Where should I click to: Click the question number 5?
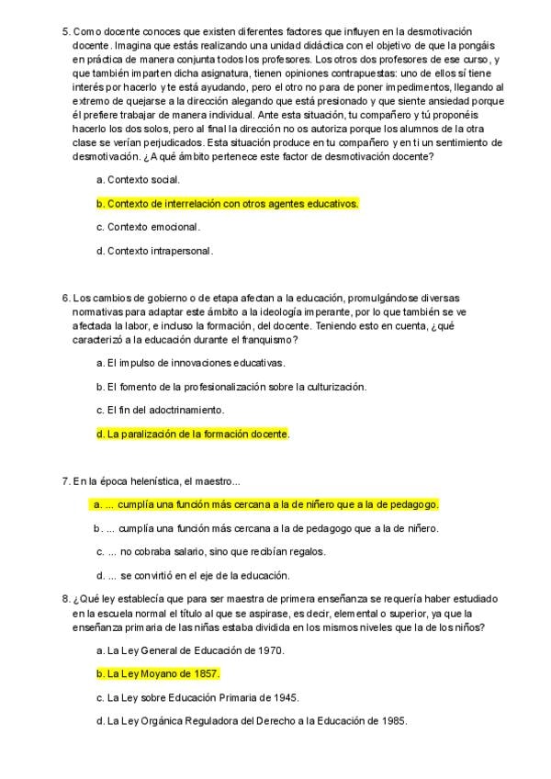pos(65,31)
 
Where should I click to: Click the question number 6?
pos(65,297)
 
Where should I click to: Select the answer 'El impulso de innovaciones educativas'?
pos(196,363)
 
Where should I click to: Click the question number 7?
pos(65,480)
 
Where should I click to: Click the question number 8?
pos(65,599)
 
